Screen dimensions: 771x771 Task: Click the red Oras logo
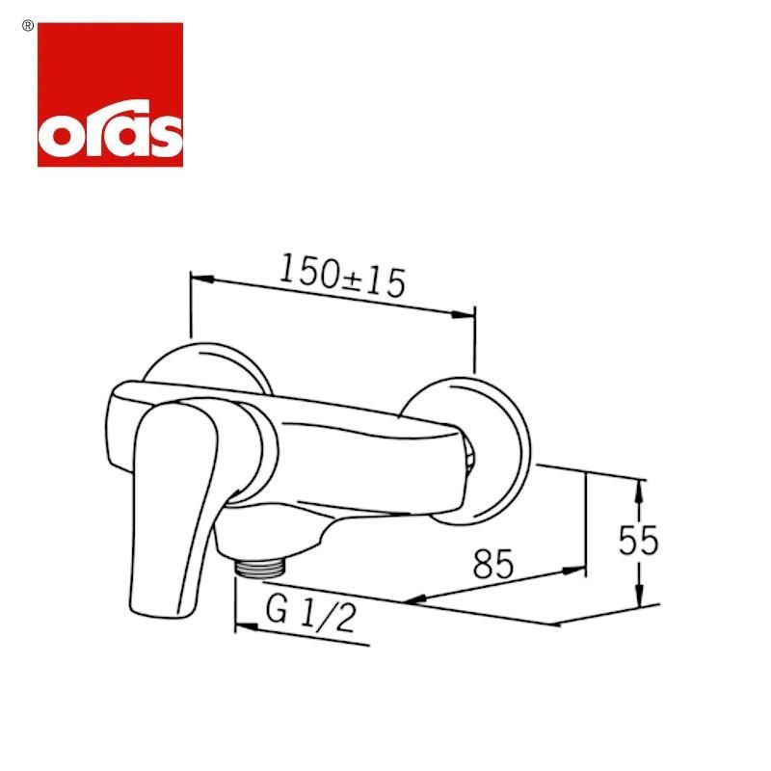[x=110, y=94]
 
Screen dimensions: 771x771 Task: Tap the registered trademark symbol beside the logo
[x=28, y=27]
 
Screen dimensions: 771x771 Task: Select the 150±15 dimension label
[x=342, y=277]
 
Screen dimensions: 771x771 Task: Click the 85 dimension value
[x=493, y=564]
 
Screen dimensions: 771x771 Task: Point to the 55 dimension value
[x=638, y=541]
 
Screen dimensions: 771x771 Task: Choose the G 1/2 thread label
[x=310, y=615]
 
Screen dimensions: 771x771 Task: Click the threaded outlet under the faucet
[x=260, y=568]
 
